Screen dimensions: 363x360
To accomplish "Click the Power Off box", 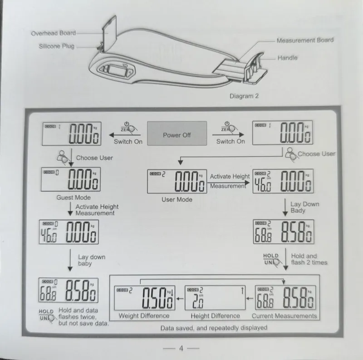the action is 177,133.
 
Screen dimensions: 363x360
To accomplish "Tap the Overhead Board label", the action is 54,33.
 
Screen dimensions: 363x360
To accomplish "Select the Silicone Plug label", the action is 57,46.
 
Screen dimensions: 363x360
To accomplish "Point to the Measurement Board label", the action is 305,40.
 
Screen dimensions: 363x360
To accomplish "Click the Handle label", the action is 287,58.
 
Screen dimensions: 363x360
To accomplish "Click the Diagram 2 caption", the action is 244,96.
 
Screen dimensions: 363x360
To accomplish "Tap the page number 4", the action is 181,348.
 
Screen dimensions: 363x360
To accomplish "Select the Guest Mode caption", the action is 74,197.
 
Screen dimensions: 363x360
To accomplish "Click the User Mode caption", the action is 177,199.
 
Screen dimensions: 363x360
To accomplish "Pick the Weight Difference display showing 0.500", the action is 145,298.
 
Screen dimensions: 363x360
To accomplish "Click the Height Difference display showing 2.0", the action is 215,298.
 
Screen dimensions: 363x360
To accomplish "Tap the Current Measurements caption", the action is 285,316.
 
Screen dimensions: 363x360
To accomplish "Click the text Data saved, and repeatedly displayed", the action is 214,328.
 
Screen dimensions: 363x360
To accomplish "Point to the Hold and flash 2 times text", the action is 309,259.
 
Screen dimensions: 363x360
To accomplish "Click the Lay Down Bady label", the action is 304,207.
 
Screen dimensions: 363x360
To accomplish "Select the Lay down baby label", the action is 92,260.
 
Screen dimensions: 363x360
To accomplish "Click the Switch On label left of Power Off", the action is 128,142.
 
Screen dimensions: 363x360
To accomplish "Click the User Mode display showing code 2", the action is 177,182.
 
